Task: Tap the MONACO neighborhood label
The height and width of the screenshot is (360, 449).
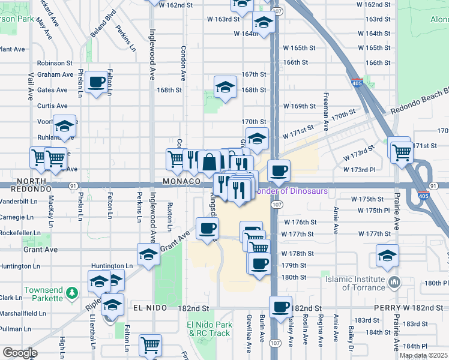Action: click(x=181, y=181)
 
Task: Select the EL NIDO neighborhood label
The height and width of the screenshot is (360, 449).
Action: click(x=145, y=308)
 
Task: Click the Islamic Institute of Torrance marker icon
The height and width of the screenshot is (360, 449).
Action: click(x=394, y=281)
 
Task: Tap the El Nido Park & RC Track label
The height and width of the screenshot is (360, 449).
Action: click(x=208, y=329)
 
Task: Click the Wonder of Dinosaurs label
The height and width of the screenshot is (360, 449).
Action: click(x=291, y=191)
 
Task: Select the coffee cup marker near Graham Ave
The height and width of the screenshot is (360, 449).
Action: click(x=97, y=82)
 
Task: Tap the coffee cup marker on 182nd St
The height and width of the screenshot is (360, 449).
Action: click(x=280, y=307)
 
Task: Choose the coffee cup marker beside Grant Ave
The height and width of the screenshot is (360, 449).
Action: click(x=208, y=228)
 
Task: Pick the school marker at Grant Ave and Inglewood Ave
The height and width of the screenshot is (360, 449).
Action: click(x=148, y=254)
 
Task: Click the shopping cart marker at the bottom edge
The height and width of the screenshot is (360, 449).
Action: click(x=150, y=344)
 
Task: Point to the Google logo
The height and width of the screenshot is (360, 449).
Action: click(x=19, y=352)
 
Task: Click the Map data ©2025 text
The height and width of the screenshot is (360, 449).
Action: click(x=423, y=355)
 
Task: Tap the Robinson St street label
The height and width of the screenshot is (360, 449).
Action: click(x=55, y=62)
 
